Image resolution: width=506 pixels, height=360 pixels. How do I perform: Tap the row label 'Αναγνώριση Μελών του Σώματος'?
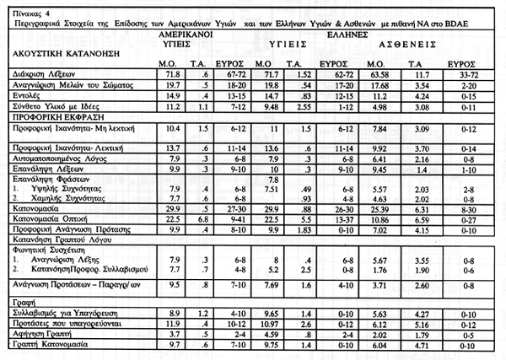point(57,85)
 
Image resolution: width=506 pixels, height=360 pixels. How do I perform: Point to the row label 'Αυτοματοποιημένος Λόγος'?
point(48,156)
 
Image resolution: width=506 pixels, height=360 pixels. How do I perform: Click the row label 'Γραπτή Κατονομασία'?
point(40,344)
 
